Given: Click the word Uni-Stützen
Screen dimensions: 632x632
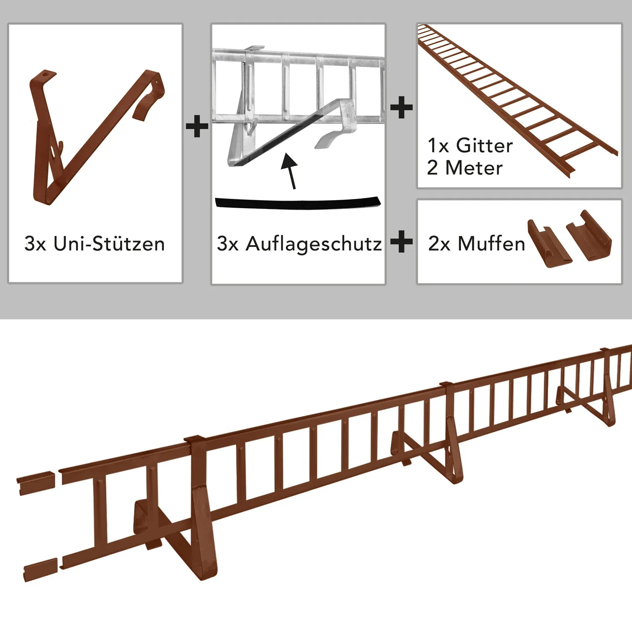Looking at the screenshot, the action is point(109,244).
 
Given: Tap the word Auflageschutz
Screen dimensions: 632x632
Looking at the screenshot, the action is point(314,244).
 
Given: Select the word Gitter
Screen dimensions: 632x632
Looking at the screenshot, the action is point(485,146).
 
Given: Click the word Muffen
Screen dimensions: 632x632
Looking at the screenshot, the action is point(491,244).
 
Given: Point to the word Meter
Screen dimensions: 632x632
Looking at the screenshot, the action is point(474,168).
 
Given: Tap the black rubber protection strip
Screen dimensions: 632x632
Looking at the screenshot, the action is point(297,203).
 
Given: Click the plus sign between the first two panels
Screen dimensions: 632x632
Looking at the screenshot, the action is point(197,126).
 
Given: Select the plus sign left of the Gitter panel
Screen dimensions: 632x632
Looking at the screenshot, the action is point(402,107).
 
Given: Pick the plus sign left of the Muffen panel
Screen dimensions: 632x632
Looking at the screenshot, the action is point(402,242).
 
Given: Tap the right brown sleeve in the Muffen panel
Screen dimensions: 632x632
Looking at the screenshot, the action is point(589,236).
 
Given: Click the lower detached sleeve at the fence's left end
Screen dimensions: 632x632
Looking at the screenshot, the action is point(40,570).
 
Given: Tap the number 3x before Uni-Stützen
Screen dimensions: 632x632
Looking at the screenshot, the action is point(35,244).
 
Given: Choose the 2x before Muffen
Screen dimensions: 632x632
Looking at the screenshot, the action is point(439,244).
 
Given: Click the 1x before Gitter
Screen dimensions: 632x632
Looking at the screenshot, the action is point(438,146).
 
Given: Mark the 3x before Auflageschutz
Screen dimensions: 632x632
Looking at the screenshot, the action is point(228,244).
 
